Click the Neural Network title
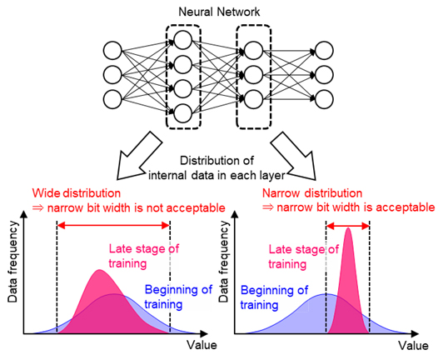[221, 11]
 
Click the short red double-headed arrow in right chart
[347, 225]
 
